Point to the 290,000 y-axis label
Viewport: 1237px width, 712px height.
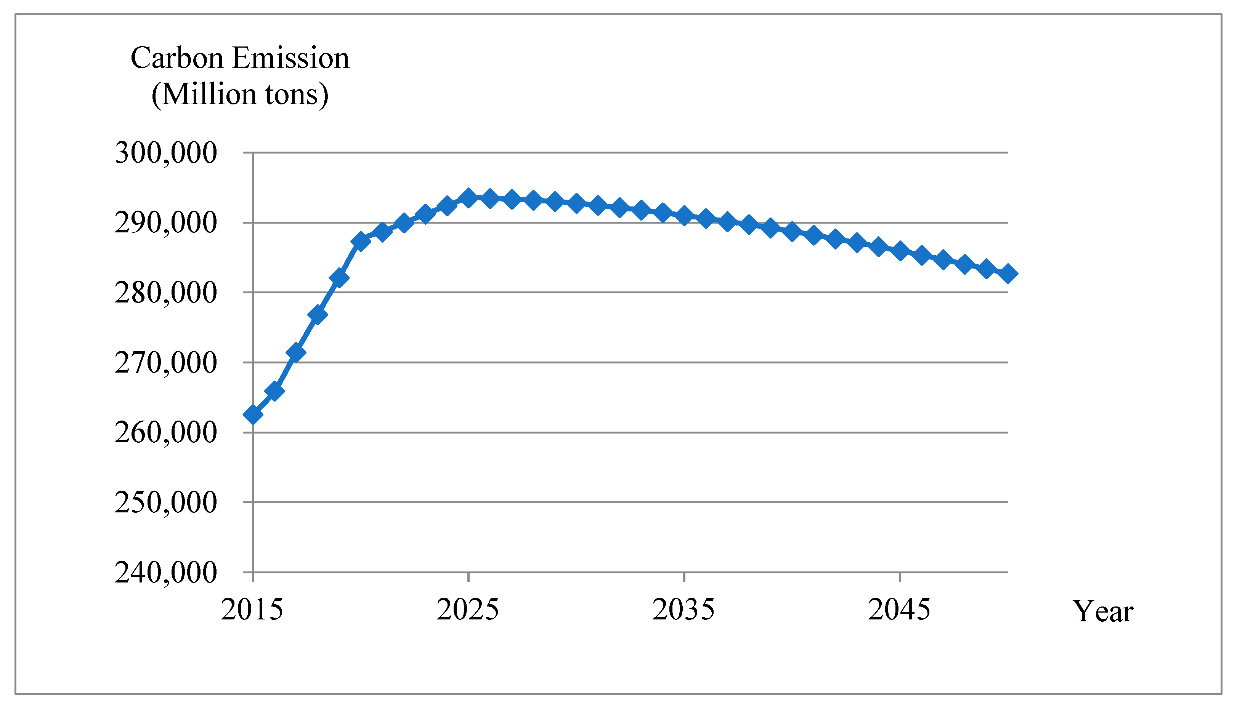(x=165, y=223)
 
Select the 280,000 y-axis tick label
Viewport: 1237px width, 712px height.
(x=165, y=293)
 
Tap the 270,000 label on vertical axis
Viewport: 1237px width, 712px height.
(x=165, y=363)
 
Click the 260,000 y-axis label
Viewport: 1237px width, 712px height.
(x=165, y=433)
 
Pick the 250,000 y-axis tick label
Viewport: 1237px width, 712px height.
(x=165, y=503)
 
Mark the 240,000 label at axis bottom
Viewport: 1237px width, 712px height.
(x=165, y=573)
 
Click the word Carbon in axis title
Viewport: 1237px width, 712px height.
(x=177, y=58)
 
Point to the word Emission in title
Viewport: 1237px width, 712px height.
(x=290, y=58)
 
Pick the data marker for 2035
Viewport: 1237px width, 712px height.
(x=685, y=215)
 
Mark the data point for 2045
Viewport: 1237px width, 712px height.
(x=900, y=251)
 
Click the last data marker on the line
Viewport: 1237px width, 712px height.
(x=1008, y=274)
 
